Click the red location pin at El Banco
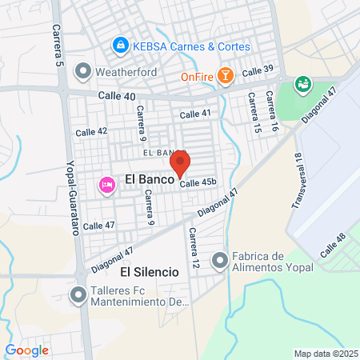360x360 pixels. pyautogui.click(x=181, y=162)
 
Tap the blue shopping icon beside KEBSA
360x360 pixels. pyautogui.click(x=120, y=46)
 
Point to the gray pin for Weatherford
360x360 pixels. pyautogui.click(x=82, y=71)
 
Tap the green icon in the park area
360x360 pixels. pyautogui.click(x=303, y=82)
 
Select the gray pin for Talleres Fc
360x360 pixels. pyautogui.click(x=78, y=295)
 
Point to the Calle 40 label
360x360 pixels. pyautogui.click(x=117, y=96)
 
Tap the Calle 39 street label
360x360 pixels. pyautogui.click(x=258, y=71)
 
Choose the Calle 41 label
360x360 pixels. pyautogui.click(x=195, y=114)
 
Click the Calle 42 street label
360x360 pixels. pyautogui.click(x=91, y=131)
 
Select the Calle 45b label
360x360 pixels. pyautogui.click(x=198, y=183)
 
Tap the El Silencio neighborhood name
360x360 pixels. pyautogui.click(x=150, y=272)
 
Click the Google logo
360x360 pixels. pyautogui.click(x=27, y=350)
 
